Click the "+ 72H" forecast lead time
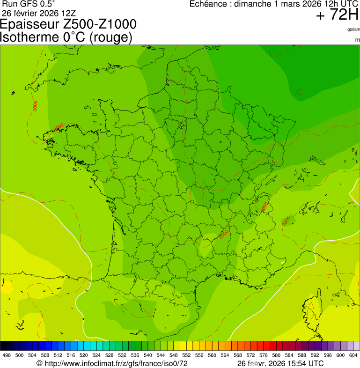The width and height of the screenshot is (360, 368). click(x=337, y=15)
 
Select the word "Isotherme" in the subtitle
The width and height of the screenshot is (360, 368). click(x=29, y=37)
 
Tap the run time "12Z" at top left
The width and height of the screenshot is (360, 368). click(x=68, y=13)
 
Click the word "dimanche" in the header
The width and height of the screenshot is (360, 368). click(x=254, y=4)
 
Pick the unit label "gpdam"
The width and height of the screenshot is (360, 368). click(x=353, y=29)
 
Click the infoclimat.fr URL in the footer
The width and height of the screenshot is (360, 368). click(x=116, y=363)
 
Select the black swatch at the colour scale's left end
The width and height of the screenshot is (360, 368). click(x=4, y=346)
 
